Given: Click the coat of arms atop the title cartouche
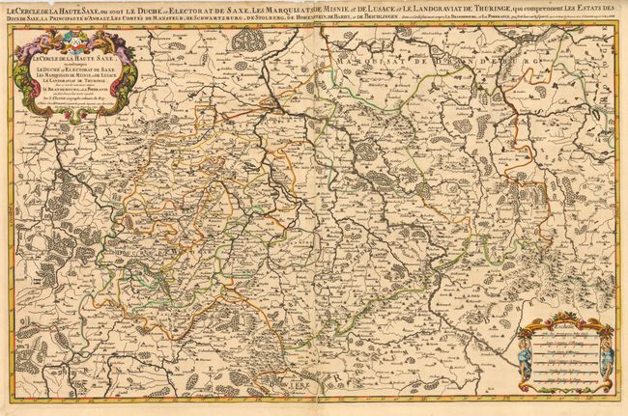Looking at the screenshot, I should click(70, 40).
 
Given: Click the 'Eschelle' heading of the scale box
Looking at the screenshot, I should click(563, 328).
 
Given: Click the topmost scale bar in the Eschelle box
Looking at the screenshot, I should click(563, 340).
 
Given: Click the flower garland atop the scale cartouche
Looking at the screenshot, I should click(563, 319).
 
